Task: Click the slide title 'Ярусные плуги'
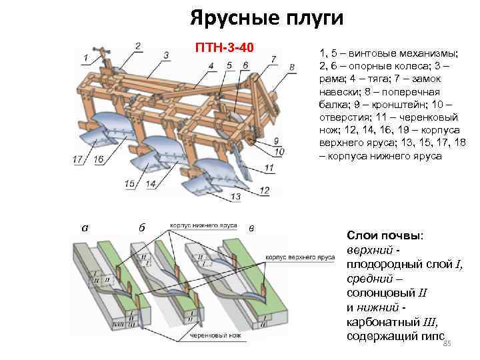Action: click(266, 17)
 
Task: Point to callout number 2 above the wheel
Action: click(137, 46)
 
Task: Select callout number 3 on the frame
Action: click(165, 54)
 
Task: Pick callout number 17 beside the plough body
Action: click(79, 159)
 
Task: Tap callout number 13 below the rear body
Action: click(236, 197)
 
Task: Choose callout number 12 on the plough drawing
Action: click(265, 191)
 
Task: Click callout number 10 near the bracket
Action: click(279, 151)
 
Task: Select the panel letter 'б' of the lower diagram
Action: click(142, 228)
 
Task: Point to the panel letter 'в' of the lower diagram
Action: click(251, 229)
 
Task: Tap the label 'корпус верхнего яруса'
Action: click(300, 257)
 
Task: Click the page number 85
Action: click(447, 343)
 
